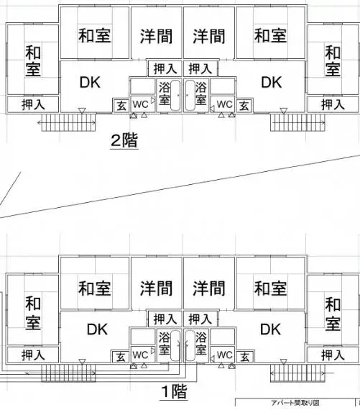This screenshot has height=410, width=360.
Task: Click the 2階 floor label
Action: [x=124, y=140]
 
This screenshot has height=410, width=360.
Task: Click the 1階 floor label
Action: [x=174, y=391]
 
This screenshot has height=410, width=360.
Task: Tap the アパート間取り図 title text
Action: [x=295, y=403]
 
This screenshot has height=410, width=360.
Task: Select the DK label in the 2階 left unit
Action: [x=90, y=83]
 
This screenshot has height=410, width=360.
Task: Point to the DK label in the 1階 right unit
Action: [x=271, y=329]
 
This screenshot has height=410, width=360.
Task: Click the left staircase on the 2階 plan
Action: [x=68, y=122]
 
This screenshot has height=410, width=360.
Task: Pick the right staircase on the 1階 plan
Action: [x=297, y=373]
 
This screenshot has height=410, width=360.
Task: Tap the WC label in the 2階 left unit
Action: [x=141, y=104]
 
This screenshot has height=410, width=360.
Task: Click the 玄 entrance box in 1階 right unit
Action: [x=245, y=357]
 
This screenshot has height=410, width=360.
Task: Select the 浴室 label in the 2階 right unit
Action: [x=201, y=94]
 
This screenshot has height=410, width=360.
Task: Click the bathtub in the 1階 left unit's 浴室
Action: [x=175, y=345]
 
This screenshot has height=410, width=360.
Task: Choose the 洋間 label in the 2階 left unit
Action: [x=156, y=37]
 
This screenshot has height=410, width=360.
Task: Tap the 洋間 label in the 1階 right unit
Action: [x=209, y=288]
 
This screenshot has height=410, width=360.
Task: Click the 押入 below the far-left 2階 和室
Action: [x=33, y=104]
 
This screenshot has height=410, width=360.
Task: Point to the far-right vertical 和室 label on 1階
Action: [x=333, y=314]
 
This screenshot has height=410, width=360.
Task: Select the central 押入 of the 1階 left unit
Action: [x=165, y=319]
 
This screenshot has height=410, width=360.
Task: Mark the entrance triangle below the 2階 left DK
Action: [x=83, y=111]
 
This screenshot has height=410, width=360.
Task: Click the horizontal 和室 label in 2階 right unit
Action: [x=271, y=35]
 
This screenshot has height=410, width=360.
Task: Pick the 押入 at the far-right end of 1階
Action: [x=333, y=355]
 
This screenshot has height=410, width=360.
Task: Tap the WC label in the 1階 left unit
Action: [x=140, y=355]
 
